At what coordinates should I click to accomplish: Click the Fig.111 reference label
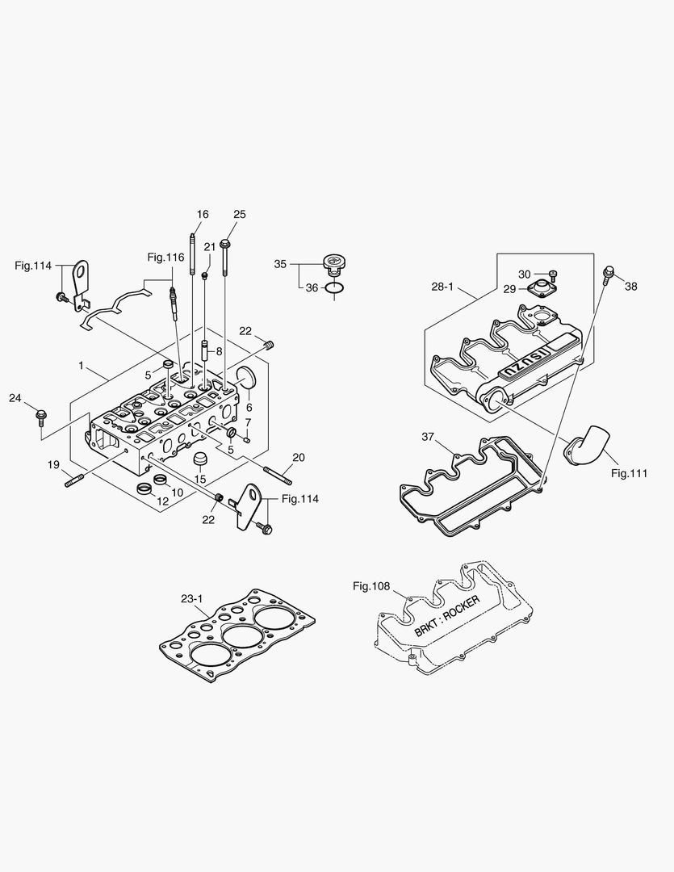click(x=630, y=473)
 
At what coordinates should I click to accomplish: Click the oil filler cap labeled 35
click(x=333, y=262)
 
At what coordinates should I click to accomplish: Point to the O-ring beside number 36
click(x=335, y=287)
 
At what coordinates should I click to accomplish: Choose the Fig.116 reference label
click(x=165, y=257)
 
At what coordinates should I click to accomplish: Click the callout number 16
click(x=203, y=214)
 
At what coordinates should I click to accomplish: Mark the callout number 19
click(x=53, y=464)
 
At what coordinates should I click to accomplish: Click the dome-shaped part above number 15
click(x=199, y=459)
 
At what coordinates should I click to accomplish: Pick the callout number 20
click(x=299, y=457)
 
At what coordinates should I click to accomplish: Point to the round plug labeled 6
click(x=245, y=378)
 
